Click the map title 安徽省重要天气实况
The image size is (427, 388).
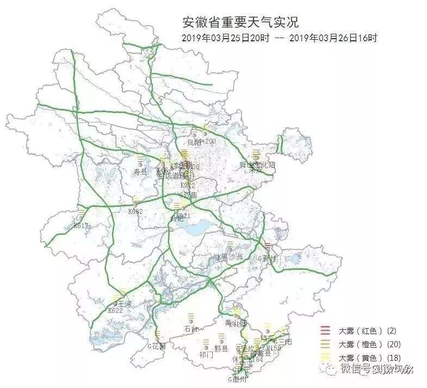pyautogui.click(x=240, y=22)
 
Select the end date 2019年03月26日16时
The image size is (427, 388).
pyautogui.click(x=333, y=38)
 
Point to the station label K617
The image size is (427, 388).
pyautogui.click(x=81, y=225)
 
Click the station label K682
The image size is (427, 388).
pyautogui.click(x=135, y=211)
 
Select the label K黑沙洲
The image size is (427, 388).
pyautogui.click(x=229, y=257)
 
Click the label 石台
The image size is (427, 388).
pyautogui.click(x=191, y=329)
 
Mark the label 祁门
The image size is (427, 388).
pyautogui.click(x=206, y=354)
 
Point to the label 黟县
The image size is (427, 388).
pyautogui.click(x=221, y=349)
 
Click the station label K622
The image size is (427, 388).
pyautogui.click(x=115, y=311)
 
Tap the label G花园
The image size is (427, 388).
pyautogui.click(x=156, y=346)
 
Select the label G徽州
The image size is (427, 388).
pyautogui.click(x=240, y=379)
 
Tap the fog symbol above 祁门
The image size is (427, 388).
pyautogui.click(x=206, y=343)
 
